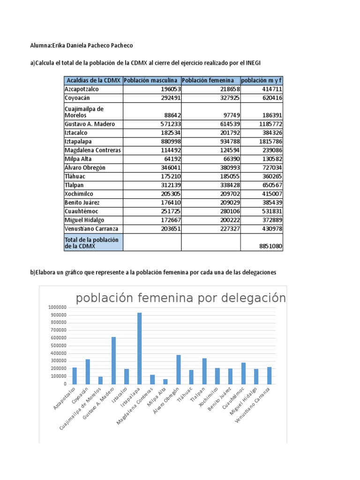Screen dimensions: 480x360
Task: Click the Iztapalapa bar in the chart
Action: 139,348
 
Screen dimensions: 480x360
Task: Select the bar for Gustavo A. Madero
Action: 113,360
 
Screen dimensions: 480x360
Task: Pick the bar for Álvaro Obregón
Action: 178,369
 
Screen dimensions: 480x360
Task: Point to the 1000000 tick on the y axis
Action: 56,307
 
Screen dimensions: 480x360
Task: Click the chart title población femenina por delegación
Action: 180,298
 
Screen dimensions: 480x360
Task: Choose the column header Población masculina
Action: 151,80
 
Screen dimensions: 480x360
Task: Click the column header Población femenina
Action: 210,80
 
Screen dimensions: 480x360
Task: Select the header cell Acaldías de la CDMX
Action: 93,80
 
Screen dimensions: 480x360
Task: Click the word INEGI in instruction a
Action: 258,63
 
